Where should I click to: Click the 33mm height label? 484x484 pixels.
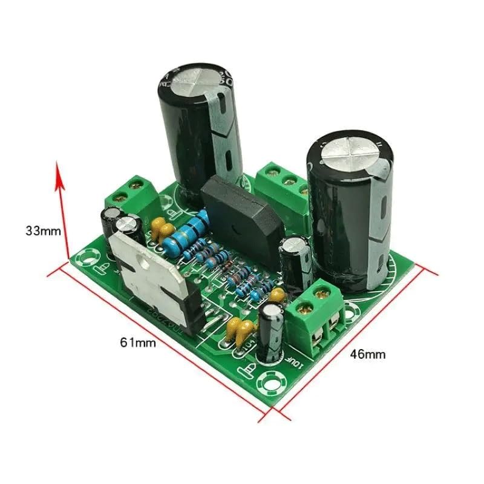click(44, 231)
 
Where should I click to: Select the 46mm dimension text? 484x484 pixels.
click(368, 355)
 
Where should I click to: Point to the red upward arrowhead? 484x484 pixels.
click(59, 172)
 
